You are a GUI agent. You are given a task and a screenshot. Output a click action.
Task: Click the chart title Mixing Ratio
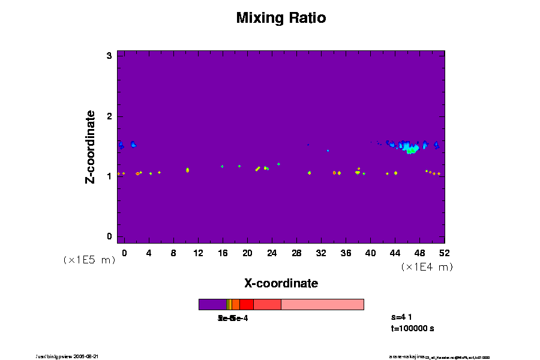click(281, 18)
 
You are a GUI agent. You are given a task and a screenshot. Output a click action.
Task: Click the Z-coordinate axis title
click(91, 146)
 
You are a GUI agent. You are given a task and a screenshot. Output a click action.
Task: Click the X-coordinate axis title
click(281, 283)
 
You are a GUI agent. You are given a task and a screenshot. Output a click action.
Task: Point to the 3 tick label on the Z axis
click(110, 56)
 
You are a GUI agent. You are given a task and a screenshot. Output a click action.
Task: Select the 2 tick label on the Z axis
click(110, 116)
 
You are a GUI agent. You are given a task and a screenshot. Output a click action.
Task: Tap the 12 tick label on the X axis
click(198, 253)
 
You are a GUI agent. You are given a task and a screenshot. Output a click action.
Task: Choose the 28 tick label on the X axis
click(296, 253)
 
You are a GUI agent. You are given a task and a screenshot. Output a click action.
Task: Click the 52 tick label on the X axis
click(444, 253)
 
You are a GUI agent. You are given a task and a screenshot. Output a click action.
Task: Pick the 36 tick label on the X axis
click(346, 253)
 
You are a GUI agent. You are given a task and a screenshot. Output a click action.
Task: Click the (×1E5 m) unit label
click(89, 260)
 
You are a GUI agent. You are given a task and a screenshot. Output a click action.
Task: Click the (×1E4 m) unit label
click(427, 267)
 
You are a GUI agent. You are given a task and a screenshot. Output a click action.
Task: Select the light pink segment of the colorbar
click(322, 304)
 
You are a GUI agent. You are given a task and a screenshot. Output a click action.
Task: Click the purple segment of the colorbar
click(212, 304)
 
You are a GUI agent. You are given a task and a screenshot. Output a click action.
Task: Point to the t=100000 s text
click(412, 328)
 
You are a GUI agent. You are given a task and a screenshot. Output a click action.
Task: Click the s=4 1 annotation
click(401, 316)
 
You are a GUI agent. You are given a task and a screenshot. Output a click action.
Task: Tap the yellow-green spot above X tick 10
click(187, 170)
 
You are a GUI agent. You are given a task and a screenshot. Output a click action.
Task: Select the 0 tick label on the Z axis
click(110, 236)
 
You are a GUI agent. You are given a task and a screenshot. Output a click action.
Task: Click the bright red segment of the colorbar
click(246, 304)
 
